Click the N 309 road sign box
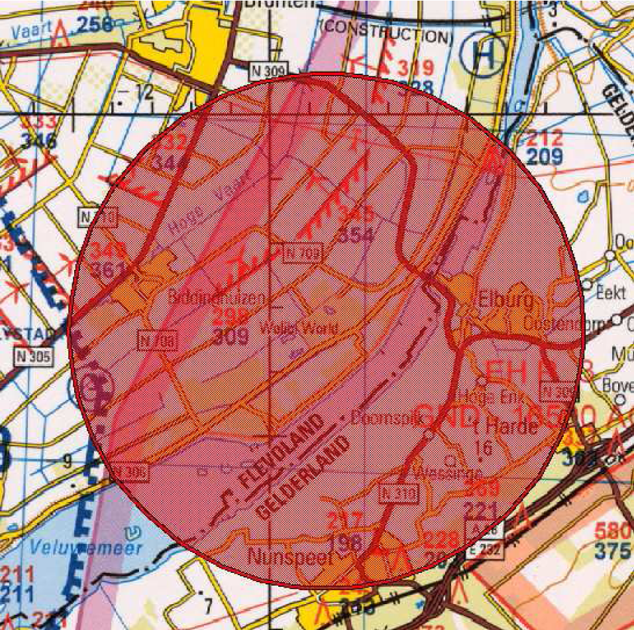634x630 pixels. click(268, 69)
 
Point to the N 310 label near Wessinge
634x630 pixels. click(400, 493)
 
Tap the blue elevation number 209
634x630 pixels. click(546, 157)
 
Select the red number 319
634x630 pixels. click(416, 68)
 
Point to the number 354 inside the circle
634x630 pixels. click(356, 235)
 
